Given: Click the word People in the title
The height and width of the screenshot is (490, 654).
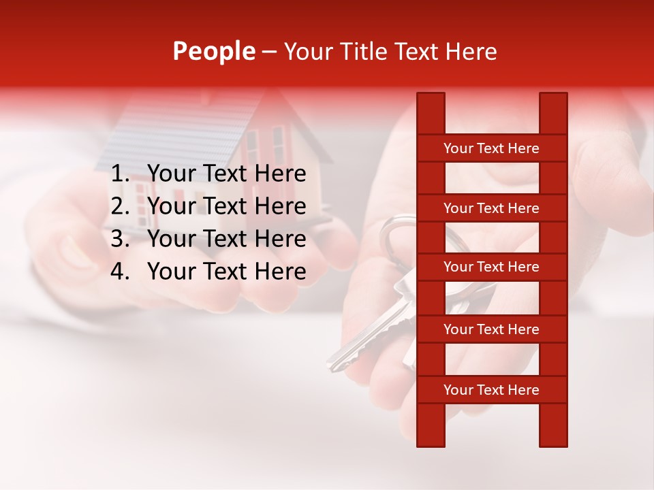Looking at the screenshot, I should click(x=213, y=51).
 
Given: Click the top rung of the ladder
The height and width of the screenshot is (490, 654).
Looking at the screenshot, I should click(x=491, y=148).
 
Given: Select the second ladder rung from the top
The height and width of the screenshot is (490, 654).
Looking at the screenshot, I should click(x=491, y=208).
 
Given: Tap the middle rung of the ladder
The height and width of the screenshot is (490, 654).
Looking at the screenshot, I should click(x=491, y=267).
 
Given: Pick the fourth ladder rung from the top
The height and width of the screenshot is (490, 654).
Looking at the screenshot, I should click(x=491, y=329).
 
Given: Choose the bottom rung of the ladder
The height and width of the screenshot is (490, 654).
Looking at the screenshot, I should click(x=491, y=390).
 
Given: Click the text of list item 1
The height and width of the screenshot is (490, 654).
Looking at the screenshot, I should click(x=226, y=174).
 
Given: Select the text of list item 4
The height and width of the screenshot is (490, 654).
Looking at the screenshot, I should click(x=226, y=272).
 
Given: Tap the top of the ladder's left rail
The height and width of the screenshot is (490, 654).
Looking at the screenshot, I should click(x=431, y=102).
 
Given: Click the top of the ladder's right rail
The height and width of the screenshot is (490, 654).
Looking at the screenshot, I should click(x=553, y=102).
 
